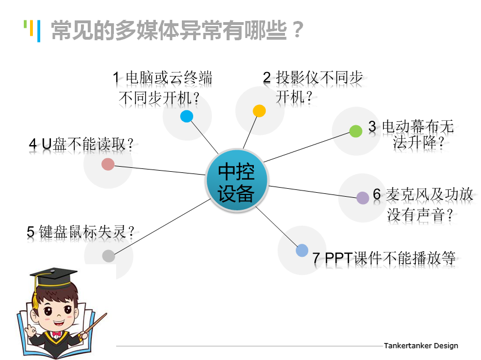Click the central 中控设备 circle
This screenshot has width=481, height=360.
pos(236,180)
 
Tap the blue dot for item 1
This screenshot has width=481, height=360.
pos(186,116)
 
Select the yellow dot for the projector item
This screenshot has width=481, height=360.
pos(259,111)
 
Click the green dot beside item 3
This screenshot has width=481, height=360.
pos(356,131)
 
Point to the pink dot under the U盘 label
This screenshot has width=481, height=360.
pos(108,164)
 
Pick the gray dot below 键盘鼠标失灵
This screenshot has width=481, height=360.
pos(108,256)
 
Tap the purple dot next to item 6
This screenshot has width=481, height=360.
pos(363,198)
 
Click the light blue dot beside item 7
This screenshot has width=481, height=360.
pos(302,250)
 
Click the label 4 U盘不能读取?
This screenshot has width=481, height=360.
pos(81,144)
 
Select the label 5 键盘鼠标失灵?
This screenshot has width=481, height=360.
pos(80,232)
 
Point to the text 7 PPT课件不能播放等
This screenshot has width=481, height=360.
pos(384,258)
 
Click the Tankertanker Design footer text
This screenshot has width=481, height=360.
pos(421,346)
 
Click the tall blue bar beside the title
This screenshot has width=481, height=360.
pos(39,31)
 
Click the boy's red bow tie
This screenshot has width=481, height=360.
pos(56,333)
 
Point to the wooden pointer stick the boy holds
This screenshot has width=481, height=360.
pos(95,323)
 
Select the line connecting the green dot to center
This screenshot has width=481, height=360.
pos(307,147)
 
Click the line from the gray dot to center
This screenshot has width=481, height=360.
pos(163,227)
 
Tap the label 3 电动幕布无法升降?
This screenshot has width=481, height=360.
pos(411,134)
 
